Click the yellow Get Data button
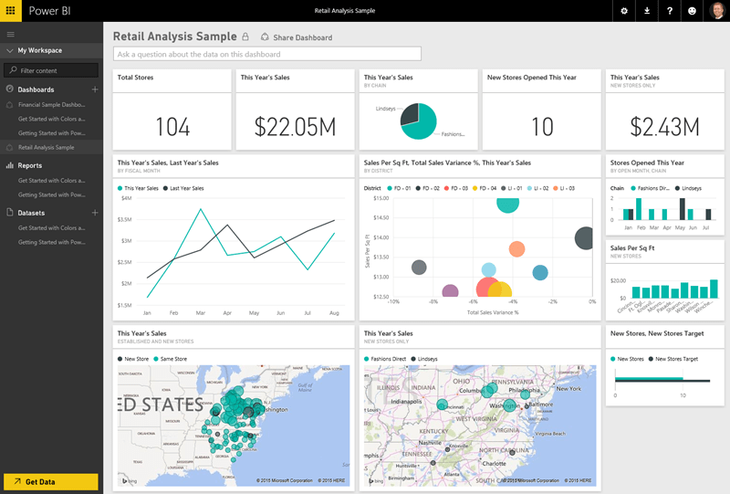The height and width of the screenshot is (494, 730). pyautogui.click(x=50, y=481)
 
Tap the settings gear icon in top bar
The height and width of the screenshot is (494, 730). pyautogui.click(x=624, y=11)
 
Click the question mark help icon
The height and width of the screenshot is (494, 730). pyautogui.click(x=670, y=11)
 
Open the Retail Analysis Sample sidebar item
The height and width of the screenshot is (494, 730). pyautogui.click(x=46, y=147)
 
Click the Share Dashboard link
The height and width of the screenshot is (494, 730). pyautogui.click(x=297, y=37)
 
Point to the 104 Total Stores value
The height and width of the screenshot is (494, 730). pyautogui.click(x=172, y=127)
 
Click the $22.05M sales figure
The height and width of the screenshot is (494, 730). pyautogui.click(x=295, y=127)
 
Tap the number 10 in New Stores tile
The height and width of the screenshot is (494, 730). pyautogui.click(x=542, y=127)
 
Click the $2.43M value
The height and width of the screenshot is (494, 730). pyautogui.click(x=664, y=127)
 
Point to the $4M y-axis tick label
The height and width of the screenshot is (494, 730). pyautogui.click(x=126, y=198)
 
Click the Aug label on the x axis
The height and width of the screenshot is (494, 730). pyautogui.click(x=334, y=313)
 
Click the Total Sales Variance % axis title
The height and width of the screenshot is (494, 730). pyautogui.click(x=493, y=312)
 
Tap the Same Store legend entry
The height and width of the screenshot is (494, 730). pyautogui.click(x=173, y=359)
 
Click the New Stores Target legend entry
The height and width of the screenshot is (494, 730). pyautogui.click(x=676, y=359)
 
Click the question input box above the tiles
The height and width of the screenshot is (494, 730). pyautogui.click(x=267, y=54)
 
